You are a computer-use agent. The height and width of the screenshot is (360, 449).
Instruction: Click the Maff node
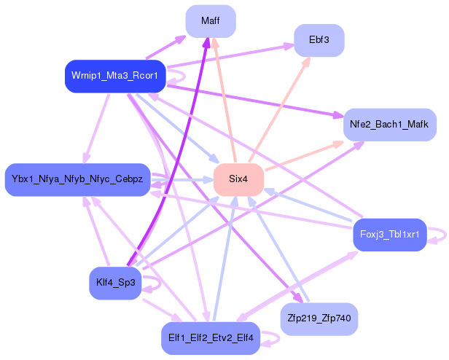point(211,22)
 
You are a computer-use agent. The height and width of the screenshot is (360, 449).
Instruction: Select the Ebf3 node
point(319,40)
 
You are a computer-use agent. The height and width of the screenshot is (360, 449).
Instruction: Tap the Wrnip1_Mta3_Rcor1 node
point(115,76)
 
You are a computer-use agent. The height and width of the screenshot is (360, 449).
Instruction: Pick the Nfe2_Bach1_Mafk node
point(389,125)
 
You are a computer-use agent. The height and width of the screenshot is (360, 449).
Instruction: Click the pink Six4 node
point(238,179)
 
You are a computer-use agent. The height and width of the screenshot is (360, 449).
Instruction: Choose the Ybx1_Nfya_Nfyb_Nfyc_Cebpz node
point(77,179)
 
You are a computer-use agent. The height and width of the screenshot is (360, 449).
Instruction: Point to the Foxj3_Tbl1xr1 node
point(389,235)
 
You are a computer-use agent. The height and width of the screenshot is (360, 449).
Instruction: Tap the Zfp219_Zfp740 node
point(319,318)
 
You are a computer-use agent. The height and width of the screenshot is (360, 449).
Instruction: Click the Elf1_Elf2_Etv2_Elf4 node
point(211,337)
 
